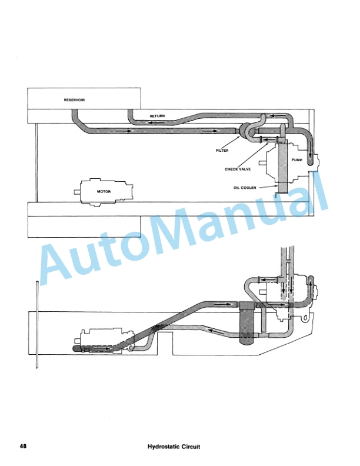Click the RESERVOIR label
(x=74, y=100)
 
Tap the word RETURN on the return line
(x=157, y=116)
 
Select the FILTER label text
(x=222, y=151)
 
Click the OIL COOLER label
(x=244, y=188)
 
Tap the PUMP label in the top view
(x=296, y=159)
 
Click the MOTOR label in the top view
(x=104, y=191)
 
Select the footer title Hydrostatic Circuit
(x=174, y=447)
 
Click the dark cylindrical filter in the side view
(x=246, y=322)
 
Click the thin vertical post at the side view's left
(x=37, y=324)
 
